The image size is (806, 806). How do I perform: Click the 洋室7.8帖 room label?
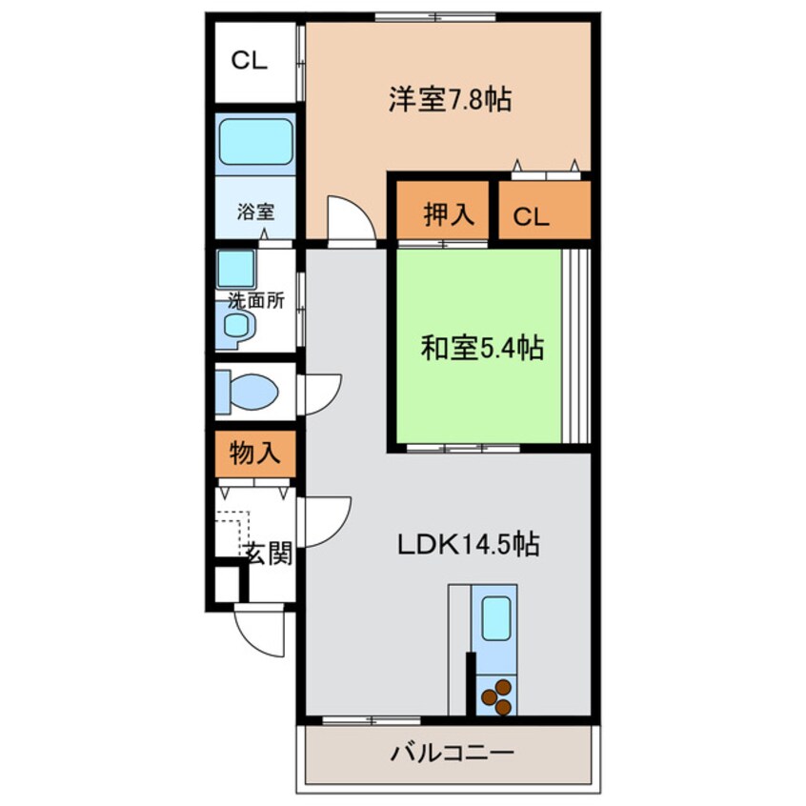coord(450,99)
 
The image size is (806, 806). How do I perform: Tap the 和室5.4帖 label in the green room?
coord(482,348)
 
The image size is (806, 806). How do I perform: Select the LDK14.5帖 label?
coord(469,545)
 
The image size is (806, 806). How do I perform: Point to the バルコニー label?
coord(453,754)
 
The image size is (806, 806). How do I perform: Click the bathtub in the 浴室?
coord(255,141)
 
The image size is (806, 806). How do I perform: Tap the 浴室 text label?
coord(255,212)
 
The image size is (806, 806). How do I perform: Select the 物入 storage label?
coord(255,453)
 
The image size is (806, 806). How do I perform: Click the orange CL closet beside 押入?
coord(545,211)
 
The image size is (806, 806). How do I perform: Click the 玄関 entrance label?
coord(269,554)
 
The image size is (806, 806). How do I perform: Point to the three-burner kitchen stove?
coord(497,696)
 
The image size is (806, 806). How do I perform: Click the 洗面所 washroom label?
coord(256,301)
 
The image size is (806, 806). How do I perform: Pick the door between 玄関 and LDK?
coord(328,522)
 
